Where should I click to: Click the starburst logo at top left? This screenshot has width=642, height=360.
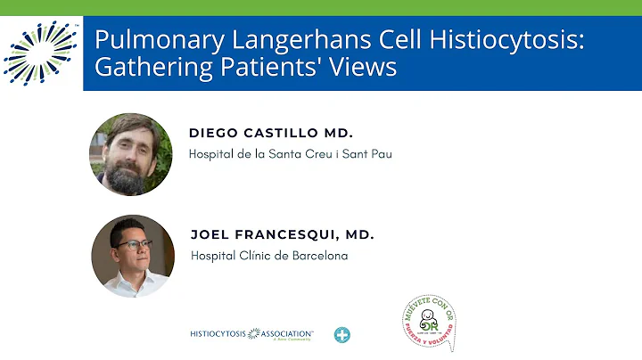tap(41, 51)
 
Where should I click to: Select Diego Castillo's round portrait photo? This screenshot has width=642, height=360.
tap(131, 154)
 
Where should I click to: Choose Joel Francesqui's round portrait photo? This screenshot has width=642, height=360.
tap(133, 256)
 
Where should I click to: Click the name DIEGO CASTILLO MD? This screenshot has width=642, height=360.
tap(271, 133)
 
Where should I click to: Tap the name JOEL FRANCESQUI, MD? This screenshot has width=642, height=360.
tap(282, 235)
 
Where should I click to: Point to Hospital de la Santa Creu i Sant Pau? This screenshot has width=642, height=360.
tap(291, 154)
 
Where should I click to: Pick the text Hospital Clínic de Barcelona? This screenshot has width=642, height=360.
tap(269, 257)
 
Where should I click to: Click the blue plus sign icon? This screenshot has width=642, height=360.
tap(342, 335)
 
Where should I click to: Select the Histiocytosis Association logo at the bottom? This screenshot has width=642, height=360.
tap(251, 334)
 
